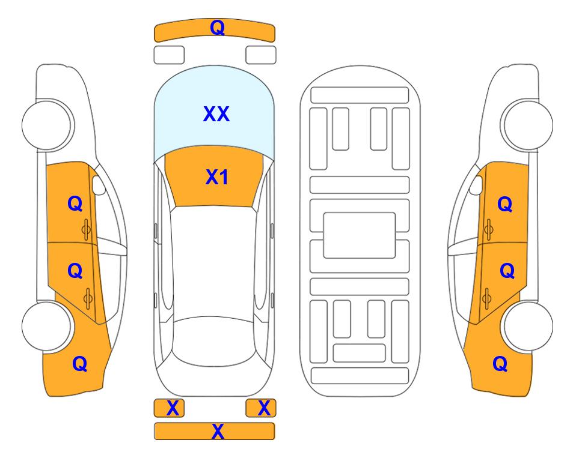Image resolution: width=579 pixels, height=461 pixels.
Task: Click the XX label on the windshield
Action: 216,114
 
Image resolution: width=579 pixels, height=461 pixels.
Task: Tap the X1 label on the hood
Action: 217,177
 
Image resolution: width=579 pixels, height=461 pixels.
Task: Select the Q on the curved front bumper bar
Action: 217,28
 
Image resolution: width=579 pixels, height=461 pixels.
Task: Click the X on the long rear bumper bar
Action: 218,431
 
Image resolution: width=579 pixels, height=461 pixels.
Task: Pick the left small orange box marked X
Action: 169,408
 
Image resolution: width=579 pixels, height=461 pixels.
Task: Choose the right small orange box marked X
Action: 261,408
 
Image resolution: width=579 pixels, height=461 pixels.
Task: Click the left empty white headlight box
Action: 169,55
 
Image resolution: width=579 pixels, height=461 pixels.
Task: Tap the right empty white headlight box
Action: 261,55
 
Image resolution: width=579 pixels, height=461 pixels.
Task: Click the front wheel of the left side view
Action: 47,125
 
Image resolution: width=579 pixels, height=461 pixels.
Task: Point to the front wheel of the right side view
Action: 527,125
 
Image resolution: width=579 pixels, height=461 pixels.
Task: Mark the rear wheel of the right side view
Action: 528,326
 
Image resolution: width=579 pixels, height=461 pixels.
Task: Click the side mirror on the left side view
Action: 98,185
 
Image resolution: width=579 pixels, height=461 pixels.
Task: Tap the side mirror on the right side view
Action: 476,185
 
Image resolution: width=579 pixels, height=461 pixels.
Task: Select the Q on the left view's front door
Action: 75,203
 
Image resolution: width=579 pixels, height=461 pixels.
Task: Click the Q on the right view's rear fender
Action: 500,364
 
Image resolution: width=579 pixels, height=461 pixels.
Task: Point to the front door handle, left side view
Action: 87,230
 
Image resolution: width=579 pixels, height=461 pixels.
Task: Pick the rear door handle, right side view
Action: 487,299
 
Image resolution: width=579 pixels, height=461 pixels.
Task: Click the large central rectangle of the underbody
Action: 360,235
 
